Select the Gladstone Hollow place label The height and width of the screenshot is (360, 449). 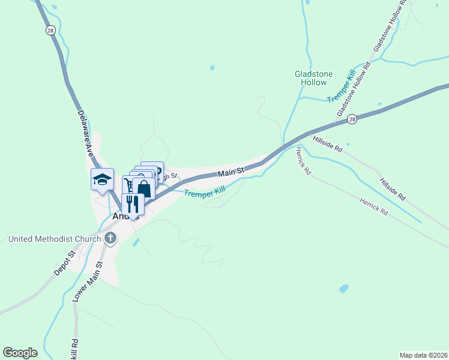[310, 78]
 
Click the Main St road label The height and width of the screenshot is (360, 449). [231, 173]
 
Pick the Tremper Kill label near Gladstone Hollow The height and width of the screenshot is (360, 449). [342, 88]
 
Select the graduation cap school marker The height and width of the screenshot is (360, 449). [102, 179]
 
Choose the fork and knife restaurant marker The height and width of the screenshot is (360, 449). [133, 204]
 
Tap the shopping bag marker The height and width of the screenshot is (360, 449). [143, 188]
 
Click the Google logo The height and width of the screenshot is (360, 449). [20, 353]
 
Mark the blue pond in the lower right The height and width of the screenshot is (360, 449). [343, 289]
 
